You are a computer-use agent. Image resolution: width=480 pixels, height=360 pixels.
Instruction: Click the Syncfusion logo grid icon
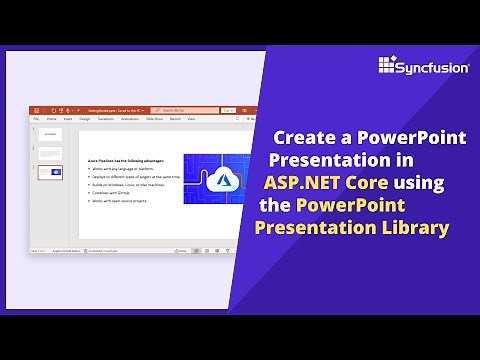click(388, 66)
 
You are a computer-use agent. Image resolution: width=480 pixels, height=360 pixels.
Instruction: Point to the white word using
click(416, 183)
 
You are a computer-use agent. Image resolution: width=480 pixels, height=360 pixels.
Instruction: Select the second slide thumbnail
click(49, 153)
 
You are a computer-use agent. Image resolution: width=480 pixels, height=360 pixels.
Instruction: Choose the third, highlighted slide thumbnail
click(49, 172)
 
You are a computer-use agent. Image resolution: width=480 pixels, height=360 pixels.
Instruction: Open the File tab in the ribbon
click(36, 118)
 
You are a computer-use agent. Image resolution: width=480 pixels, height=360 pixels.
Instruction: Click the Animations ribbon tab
click(128, 118)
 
